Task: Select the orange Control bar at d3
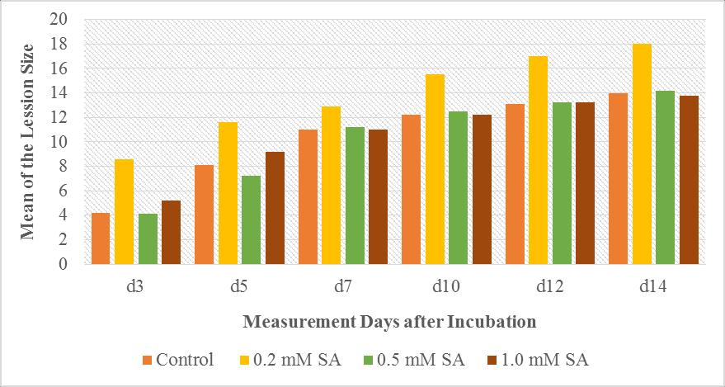[x=101, y=238]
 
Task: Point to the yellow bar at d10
[x=435, y=169]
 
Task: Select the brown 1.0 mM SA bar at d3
[x=171, y=233]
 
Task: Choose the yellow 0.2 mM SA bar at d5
[x=228, y=193]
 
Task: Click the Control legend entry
[x=178, y=360]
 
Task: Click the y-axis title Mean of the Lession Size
[x=27, y=141]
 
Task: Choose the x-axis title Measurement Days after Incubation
[x=390, y=320]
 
